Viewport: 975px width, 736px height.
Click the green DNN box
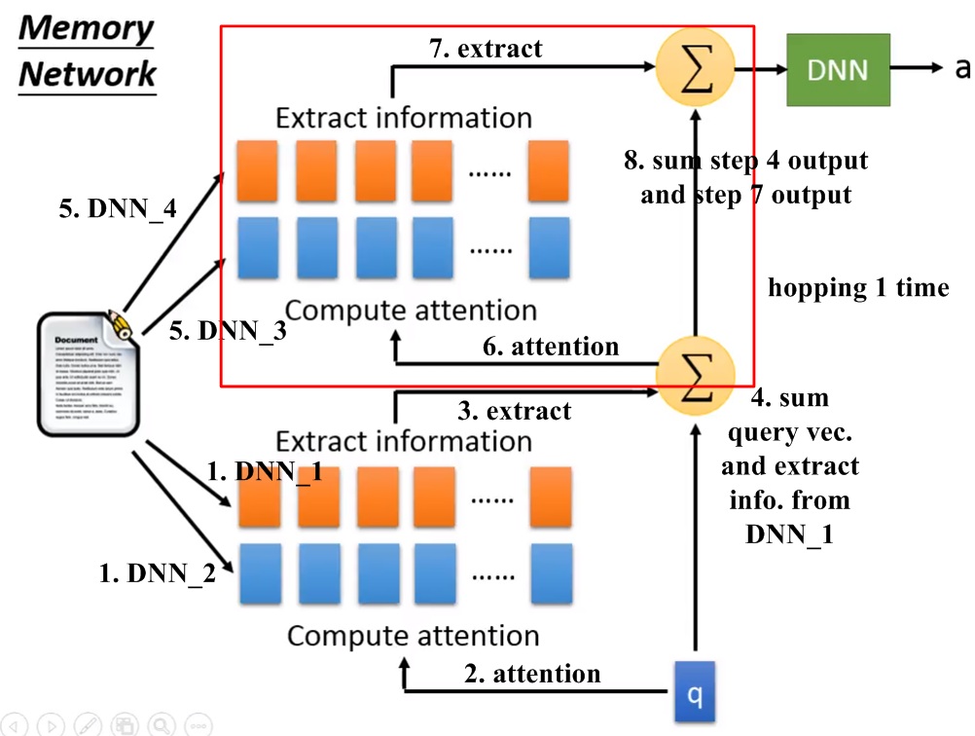(x=838, y=69)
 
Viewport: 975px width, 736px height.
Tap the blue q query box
(x=695, y=692)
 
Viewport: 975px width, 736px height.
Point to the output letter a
(x=962, y=67)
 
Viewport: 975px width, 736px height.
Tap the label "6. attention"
(x=551, y=347)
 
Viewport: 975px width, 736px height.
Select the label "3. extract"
(x=515, y=410)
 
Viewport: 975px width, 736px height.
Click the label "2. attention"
(x=532, y=673)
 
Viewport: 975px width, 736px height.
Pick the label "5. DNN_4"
(x=118, y=208)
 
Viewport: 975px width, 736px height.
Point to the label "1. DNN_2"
(x=158, y=573)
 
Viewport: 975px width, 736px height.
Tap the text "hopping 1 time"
(x=858, y=287)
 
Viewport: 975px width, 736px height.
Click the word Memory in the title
(x=87, y=27)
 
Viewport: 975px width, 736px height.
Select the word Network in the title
(x=88, y=73)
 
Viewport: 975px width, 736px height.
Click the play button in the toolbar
(x=50, y=724)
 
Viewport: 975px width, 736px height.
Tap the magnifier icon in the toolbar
(x=162, y=724)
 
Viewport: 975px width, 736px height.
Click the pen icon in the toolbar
(x=88, y=724)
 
